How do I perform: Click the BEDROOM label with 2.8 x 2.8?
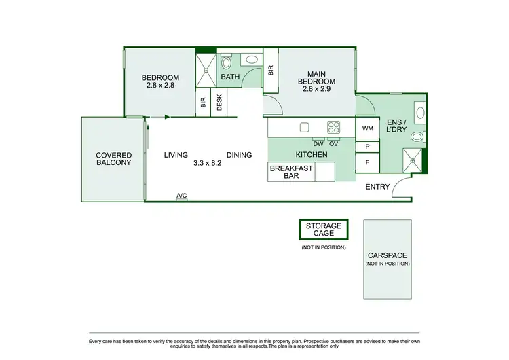coord(160,81)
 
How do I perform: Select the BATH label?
coord(230,77)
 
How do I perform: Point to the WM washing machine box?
coord(368,128)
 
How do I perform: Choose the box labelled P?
coord(367,147)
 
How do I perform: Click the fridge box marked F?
coord(367,163)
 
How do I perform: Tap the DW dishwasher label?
coord(318,143)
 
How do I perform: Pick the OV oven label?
coord(334,143)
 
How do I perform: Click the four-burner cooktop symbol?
coord(334,127)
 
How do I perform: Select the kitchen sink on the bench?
coord(305,127)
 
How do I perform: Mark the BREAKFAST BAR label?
coord(292,172)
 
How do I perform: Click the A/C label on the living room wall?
coord(182,196)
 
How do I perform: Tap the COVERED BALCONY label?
coord(113,159)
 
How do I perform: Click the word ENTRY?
coord(377,187)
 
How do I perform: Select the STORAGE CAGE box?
coord(323,230)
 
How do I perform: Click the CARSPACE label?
coord(388,256)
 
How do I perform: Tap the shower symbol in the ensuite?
coord(413,160)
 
